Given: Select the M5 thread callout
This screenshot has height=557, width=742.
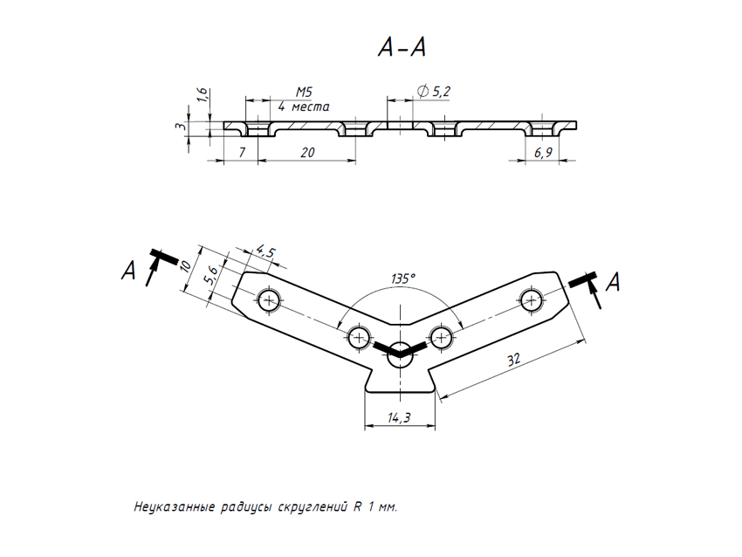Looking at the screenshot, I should click(304, 92).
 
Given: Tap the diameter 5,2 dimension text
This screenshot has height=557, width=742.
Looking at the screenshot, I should click(434, 91).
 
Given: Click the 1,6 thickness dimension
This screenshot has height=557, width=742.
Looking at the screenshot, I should click(203, 97).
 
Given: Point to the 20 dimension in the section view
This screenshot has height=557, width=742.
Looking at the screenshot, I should click(306, 153).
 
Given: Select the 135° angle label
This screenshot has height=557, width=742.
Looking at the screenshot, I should click(402, 278).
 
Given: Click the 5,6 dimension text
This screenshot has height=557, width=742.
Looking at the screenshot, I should click(210, 278).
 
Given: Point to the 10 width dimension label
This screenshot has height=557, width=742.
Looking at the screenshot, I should click(186, 266).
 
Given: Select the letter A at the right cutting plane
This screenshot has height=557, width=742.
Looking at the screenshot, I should click(614, 282).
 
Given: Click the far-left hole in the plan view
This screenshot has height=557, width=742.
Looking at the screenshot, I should click(269, 301).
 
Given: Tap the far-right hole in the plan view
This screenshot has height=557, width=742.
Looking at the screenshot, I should click(531, 300).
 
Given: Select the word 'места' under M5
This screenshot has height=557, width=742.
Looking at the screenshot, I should click(312, 106).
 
